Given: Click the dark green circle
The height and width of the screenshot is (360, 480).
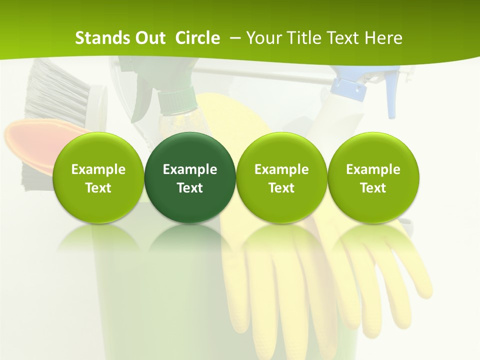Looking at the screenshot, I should point(190,177).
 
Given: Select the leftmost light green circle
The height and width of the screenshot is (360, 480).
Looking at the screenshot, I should point(98,177).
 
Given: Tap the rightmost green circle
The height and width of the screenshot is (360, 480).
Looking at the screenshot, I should point(373,177).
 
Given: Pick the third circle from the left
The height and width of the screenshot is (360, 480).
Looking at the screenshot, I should point(281,177).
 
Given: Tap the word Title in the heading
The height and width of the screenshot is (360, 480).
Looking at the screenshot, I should point(306,38).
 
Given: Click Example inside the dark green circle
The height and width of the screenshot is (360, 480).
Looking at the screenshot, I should point(190,169).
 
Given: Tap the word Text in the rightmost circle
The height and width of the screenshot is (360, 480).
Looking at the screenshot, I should point(373,188).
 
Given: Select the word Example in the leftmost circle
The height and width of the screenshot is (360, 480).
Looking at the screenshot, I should point(98,169).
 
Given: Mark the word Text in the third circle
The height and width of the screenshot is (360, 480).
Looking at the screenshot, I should point(281,188).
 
